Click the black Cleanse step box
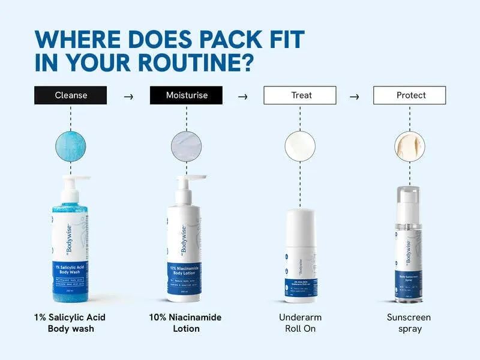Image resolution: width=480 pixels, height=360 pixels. coord(71,95)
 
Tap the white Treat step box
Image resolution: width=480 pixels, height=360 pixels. coord(301,95)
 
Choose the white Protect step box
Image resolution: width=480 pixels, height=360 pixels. coord(410,95)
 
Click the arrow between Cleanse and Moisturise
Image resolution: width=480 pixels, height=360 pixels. coord(128,96)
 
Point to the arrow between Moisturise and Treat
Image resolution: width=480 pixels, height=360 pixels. coord(243,96)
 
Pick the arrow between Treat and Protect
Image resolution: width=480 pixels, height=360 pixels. coord(354,96)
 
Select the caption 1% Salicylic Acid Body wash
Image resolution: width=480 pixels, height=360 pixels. coord(71,323)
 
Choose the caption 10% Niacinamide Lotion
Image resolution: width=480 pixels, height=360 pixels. coord(186,323)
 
